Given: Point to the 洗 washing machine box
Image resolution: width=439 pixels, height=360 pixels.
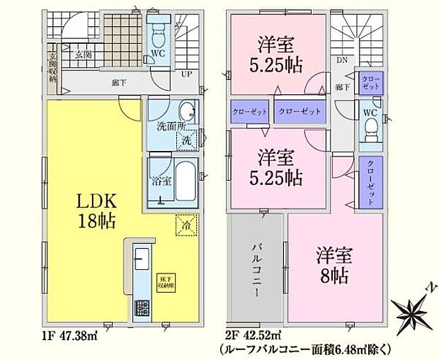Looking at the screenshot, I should click(189, 138).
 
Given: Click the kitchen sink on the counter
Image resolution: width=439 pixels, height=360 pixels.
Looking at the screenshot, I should click(139, 258).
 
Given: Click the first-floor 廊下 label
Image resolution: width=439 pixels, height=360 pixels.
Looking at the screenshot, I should click(114, 83).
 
